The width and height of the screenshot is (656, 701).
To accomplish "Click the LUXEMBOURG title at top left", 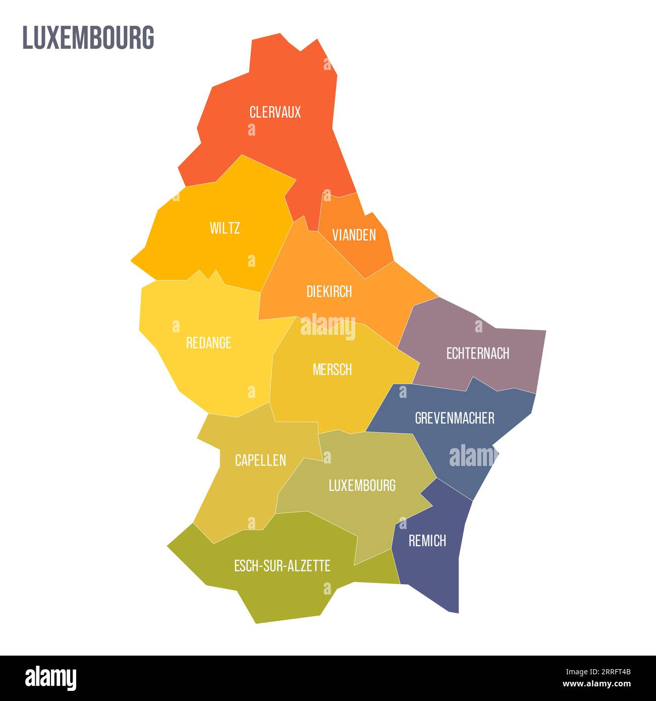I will pos(88,38).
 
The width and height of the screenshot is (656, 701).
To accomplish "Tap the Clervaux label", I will pos(275,112).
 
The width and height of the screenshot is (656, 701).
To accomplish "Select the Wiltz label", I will pos(225,228).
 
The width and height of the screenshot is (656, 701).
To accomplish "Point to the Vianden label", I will pos(354,235).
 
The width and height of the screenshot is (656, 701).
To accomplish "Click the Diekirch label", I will pos(329,291).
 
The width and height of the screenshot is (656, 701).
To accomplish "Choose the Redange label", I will pos(209,343).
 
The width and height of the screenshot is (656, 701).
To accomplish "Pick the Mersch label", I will pos(332,370).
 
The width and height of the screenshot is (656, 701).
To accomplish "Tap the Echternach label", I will pos(477,354).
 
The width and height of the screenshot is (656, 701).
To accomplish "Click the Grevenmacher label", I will pos(454,418).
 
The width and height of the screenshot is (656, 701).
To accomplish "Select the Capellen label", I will pos(260,460).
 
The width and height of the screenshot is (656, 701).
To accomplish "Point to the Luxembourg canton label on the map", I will pos(362,486).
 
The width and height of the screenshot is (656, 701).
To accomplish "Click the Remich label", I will pos(427,541).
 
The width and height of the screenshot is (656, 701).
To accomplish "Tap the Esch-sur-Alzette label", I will pos(282,566).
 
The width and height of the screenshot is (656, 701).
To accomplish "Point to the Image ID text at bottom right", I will pos(597,672).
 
